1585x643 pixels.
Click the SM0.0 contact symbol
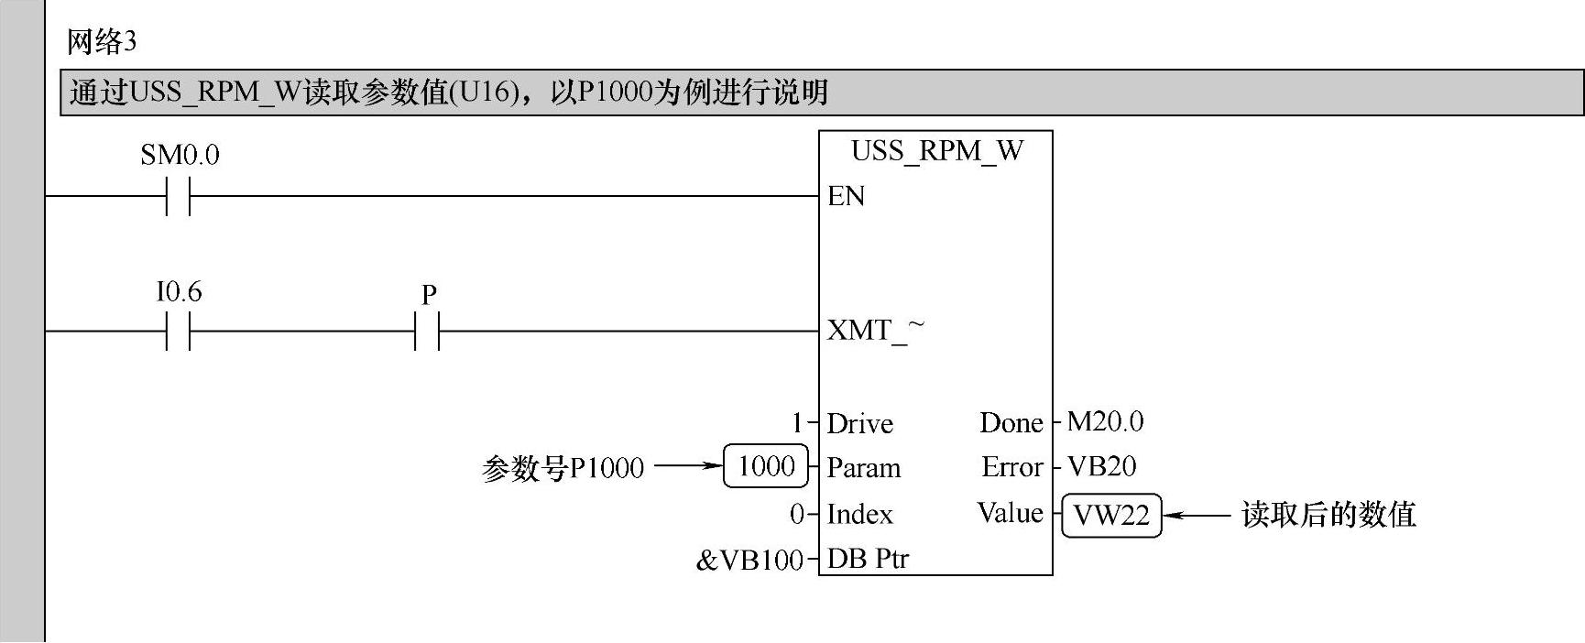tap(179, 196)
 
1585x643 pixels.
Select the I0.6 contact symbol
tap(179, 331)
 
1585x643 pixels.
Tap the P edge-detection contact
tap(427, 331)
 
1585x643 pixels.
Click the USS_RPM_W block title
tap(936, 151)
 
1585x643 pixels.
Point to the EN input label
tap(846, 196)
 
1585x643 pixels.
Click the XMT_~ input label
tap(875, 330)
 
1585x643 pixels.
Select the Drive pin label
tap(859, 423)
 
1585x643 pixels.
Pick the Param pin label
tap(863, 468)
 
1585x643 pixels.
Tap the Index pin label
tap(859, 514)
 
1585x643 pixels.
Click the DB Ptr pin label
tap(868, 559)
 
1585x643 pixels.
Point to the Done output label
tap(1011, 422)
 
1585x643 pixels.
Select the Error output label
tap(1012, 467)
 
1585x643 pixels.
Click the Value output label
tap(1010, 513)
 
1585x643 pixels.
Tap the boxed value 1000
tap(766, 466)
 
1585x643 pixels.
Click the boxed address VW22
tap(1111, 515)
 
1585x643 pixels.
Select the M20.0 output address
tap(1105, 421)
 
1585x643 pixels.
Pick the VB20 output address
tap(1101, 466)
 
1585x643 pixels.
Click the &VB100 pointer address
tap(749, 560)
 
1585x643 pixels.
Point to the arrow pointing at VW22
tap(1197, 515)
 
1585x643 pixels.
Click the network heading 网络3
tap(102, 42)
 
